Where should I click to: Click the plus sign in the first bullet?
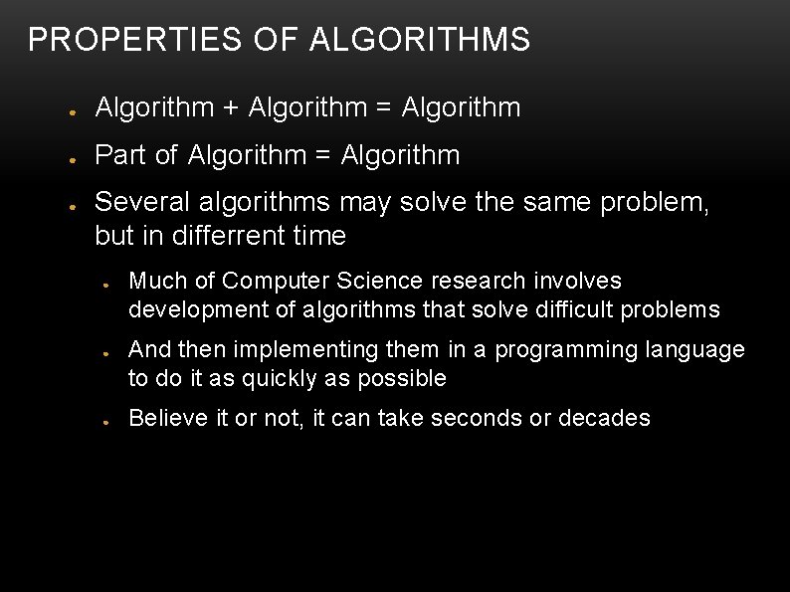(231, 107)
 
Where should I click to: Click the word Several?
(142, 203)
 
